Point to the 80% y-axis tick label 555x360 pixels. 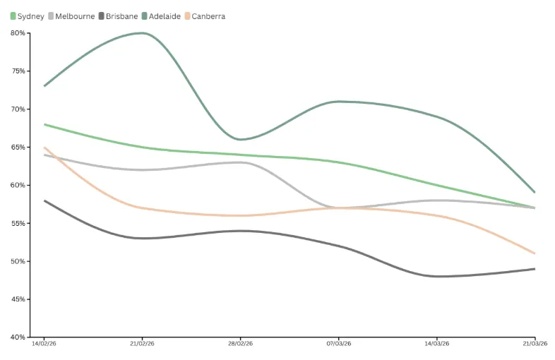18,33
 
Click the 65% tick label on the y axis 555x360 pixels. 18,148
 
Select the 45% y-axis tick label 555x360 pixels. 18,299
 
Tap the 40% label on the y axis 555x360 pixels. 18,337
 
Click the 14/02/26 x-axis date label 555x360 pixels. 44,344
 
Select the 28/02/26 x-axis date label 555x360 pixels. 240,344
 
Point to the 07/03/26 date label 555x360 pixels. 338,344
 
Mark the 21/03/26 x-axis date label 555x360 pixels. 534,344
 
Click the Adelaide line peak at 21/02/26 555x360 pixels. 142,33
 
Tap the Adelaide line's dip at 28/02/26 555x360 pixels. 240,139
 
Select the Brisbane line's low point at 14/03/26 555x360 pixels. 436,276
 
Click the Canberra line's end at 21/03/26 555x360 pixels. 535,253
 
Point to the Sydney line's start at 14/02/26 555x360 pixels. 44,124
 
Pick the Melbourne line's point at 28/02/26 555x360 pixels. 240,162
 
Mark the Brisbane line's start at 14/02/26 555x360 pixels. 44,200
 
